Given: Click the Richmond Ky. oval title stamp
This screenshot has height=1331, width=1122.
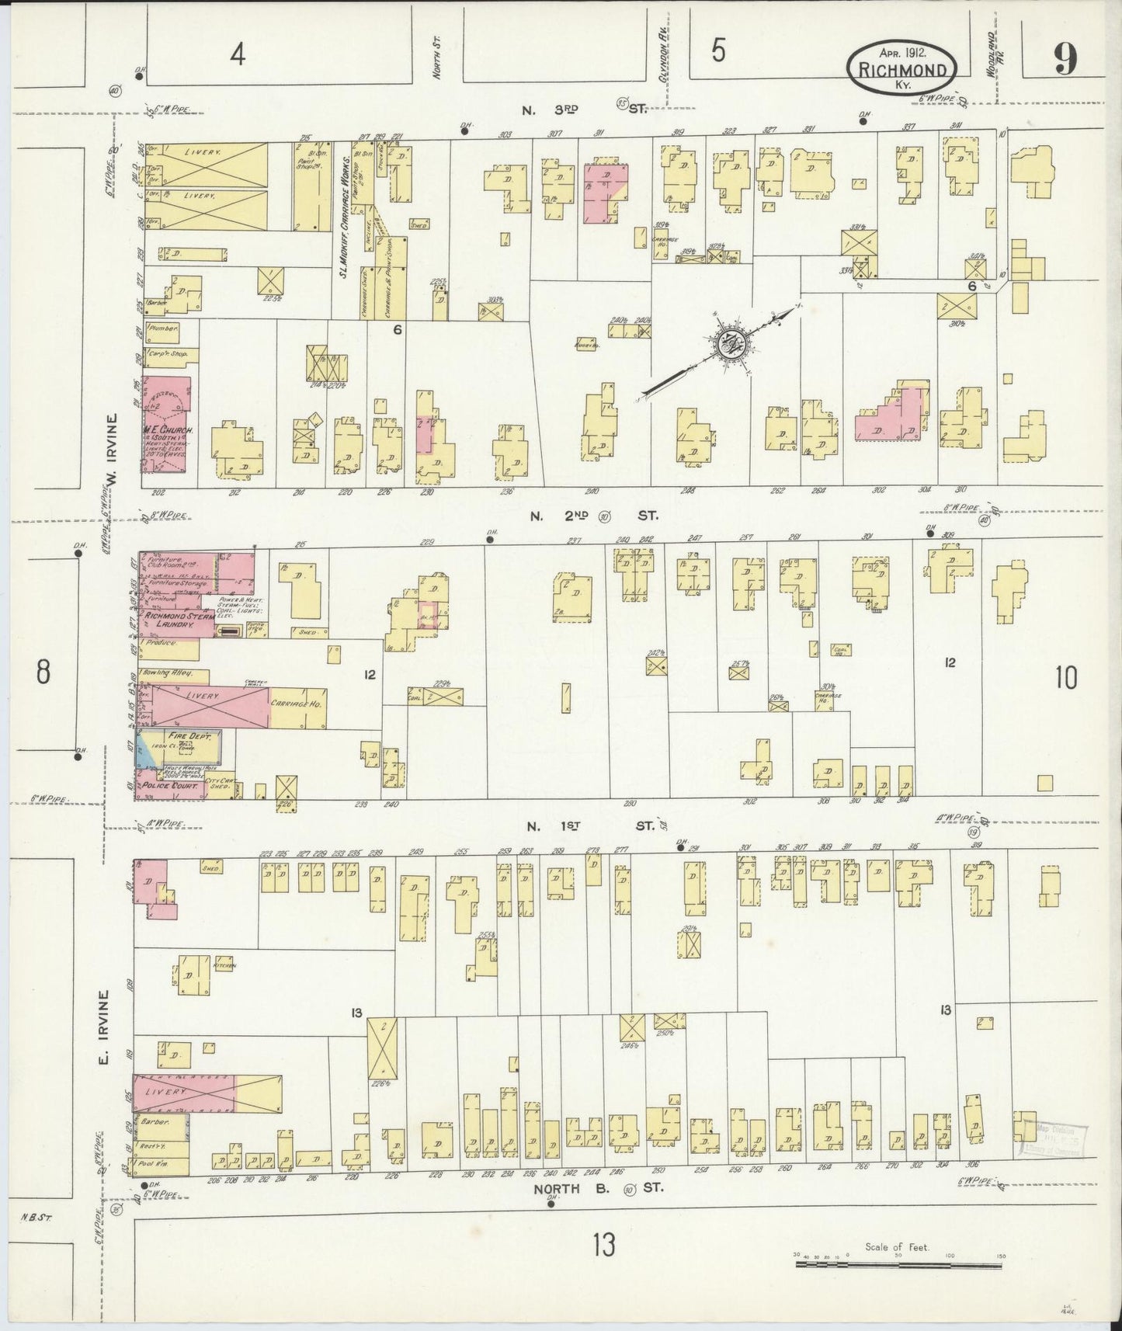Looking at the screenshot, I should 901,68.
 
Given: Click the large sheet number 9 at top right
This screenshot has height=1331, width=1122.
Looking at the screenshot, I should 1066,59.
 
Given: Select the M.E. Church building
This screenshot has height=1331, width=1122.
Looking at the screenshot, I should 165,425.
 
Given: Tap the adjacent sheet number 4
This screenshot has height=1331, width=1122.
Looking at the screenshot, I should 238,54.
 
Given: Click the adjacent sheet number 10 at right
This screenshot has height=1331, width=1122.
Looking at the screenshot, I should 1066,678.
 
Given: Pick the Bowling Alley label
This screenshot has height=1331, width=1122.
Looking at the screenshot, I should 165,674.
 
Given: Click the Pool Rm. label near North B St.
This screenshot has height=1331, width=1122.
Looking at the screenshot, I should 155,1166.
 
